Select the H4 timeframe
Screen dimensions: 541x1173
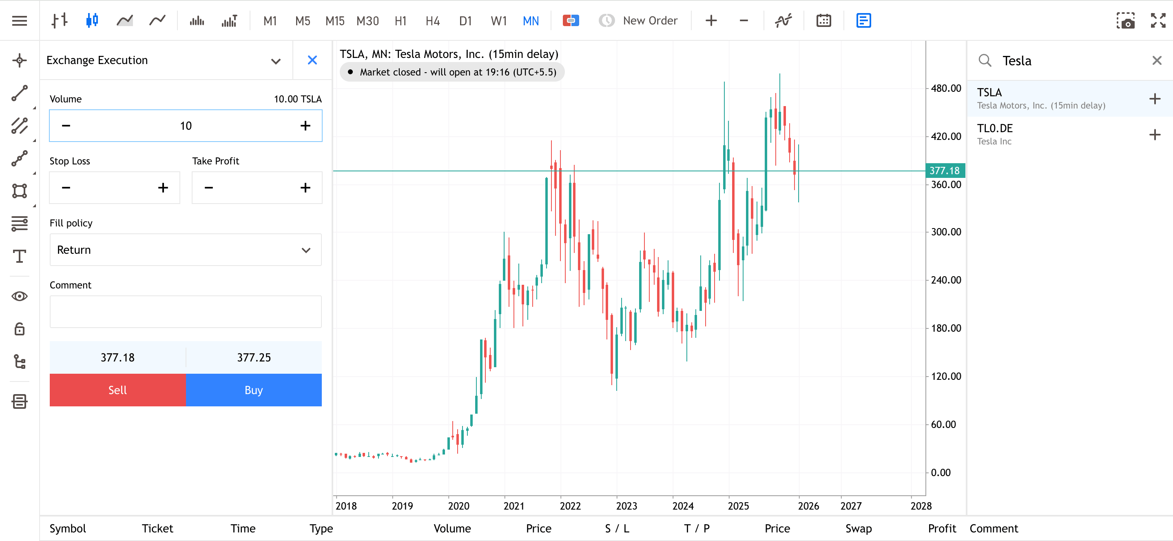point(432,21)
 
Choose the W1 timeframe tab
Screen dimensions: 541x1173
point(498,21)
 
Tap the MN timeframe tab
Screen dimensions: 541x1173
point(531,21)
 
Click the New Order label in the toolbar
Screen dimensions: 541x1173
point(650,21)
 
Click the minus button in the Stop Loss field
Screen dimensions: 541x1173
point(66,188)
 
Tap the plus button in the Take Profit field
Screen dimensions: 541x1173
point(305,188)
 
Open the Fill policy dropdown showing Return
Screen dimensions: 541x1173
point(185,250)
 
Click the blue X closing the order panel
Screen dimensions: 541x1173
point(312,60)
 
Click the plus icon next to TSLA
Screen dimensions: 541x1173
point(1154,99)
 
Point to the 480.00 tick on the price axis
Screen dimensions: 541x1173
point(945,89)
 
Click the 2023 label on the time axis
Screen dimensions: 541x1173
point(626,506)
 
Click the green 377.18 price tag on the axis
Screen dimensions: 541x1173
point(945,171)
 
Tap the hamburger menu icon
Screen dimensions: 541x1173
point(20,21)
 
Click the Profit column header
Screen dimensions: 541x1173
point(942,528)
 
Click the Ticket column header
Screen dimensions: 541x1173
point(157,528)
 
